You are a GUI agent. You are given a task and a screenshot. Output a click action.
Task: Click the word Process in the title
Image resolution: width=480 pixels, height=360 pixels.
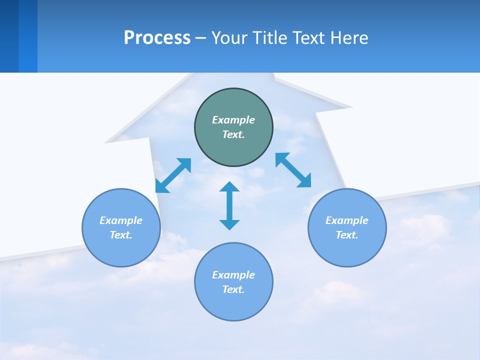click(x=157, y=38)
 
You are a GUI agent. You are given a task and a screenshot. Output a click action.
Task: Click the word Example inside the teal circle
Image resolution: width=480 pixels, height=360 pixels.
click(x=233, y=120)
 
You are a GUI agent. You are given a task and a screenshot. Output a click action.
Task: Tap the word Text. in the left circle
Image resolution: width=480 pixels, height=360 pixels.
click(x=121, y=235)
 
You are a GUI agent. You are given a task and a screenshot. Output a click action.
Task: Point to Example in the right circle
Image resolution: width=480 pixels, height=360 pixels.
click(x=347, y=220)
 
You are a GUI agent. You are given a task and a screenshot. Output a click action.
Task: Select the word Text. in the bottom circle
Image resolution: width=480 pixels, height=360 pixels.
click(x=233, y=289)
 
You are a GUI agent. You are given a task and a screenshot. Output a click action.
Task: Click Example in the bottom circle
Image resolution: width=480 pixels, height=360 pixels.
click(x=233, y=275)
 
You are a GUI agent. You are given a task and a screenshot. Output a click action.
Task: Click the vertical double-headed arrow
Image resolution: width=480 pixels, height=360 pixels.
click(x=229, y=205)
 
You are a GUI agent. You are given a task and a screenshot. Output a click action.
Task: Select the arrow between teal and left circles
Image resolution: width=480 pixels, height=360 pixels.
click(x=173, y=175)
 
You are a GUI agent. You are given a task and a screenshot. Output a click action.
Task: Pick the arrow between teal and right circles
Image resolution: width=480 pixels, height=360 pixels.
click(x=293, y=170)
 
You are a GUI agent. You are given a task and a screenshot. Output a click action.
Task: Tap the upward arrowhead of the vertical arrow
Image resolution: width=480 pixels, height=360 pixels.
click(x=229, y=187)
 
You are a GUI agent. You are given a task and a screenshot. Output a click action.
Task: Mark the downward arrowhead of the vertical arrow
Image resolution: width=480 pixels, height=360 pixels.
click(x=229, y=224)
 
